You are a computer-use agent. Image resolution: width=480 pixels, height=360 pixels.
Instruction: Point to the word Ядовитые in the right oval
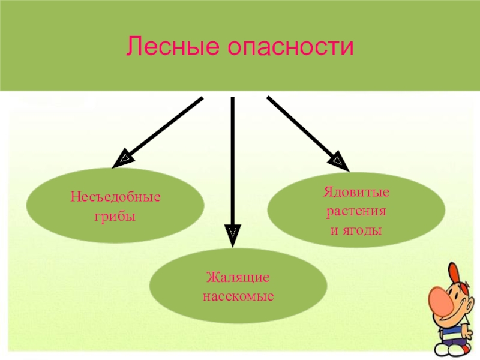[356, 194]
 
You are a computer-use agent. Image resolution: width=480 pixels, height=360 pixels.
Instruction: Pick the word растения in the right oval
[356, 212]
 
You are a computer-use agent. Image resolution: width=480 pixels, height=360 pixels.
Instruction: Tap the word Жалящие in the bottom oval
[238, 278]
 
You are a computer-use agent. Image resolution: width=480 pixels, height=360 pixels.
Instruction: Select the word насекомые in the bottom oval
[238, 296]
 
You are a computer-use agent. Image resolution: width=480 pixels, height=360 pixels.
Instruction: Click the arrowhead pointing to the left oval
[124, 158]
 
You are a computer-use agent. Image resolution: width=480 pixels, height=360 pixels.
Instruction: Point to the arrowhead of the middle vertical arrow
[232, 233]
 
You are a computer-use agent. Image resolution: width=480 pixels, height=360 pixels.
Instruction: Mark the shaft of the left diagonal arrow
[165, 128]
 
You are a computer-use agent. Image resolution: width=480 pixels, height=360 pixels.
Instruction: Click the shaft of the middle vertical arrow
[232, 162]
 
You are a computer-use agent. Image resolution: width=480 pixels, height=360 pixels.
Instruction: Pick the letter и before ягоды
[335, 230]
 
